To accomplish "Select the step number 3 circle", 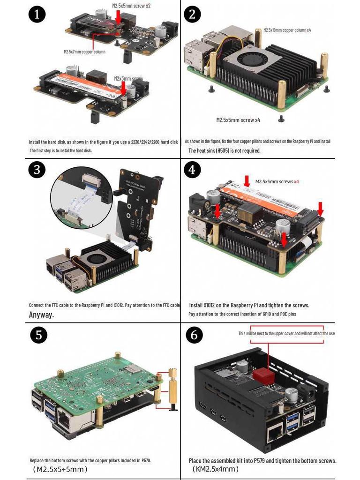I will pos(37,170).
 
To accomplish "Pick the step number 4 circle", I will pos(192,170).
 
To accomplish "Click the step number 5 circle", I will pos(39,335).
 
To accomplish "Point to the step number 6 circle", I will pos(194,335).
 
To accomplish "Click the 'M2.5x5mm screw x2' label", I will pos(131,6).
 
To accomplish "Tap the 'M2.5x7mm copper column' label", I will pos(84,52).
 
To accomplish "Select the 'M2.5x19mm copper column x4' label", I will pos(287,30).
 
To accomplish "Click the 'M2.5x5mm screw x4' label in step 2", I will pos(238,120).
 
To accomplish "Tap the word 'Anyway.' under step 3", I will pos(41,315).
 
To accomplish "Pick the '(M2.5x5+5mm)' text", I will pos(60,469).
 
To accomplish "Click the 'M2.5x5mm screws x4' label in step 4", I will pos(277,181).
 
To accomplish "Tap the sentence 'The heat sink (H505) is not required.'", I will pos(224,150).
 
